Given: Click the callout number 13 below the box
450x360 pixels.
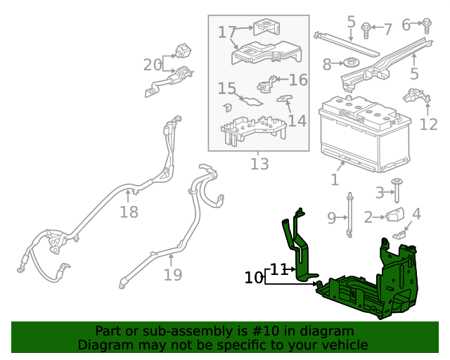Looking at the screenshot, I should tap(259, 165).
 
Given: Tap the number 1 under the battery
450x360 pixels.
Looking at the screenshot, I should tap(335, 180).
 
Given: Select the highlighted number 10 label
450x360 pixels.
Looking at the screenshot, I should tap(253, 278).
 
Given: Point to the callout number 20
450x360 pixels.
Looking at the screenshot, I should tap(152, 65).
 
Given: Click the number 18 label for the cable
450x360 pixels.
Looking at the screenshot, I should tap(129, 212).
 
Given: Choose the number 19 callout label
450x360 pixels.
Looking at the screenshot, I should tap(173, 274).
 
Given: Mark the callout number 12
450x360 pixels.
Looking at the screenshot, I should tap(428, 124).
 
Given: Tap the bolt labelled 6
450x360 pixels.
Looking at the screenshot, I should tap(427, 25).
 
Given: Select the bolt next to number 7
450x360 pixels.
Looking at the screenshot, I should tap(366, 29).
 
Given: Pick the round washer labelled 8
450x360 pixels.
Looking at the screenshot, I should tap(353, 64).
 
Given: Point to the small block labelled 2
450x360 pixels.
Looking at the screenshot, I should tap(394, 216).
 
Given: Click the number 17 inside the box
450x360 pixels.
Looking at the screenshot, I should tap(226, 32).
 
